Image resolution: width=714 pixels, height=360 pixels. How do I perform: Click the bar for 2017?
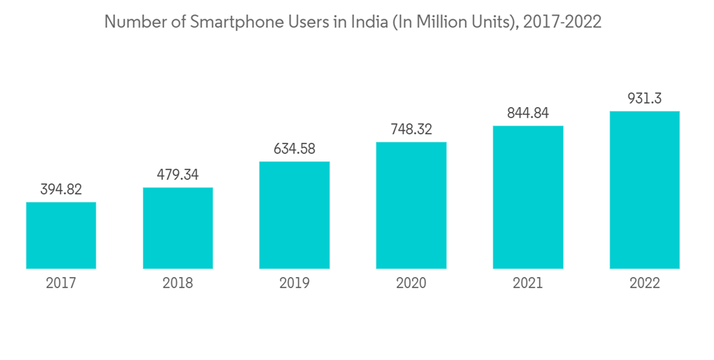(x=61, y=236)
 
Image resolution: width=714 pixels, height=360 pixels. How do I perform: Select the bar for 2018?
(x=178, y=229)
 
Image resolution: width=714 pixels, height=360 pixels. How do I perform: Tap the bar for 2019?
(x=294, y=215)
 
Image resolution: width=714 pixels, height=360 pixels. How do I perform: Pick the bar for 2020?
(x=411, y=206)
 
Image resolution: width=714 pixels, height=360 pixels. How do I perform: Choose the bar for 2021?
(x=528, y=198)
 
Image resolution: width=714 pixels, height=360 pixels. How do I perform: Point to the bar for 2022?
(x=645, y=190)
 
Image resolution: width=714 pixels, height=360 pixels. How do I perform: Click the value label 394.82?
(x=61, y=189)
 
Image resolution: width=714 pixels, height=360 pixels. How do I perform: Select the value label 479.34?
(x=178, y=175)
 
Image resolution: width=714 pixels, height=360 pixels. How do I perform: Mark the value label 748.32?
(x=411, y=129)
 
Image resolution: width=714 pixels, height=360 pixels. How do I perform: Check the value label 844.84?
(x=528, y=113)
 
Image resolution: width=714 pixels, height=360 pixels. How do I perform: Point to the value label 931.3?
(x=645, y=99)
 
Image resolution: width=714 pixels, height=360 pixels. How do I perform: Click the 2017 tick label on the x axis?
(x=61, y=284)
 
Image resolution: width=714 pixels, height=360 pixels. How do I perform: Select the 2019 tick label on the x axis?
(x=294, y=284)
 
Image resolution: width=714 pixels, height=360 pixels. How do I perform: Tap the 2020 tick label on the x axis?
(x=411, y=284)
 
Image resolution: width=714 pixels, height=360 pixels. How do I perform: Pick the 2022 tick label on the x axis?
(x=645, y=284)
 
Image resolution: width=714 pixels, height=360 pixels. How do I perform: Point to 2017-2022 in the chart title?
(x=562, y=22)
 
